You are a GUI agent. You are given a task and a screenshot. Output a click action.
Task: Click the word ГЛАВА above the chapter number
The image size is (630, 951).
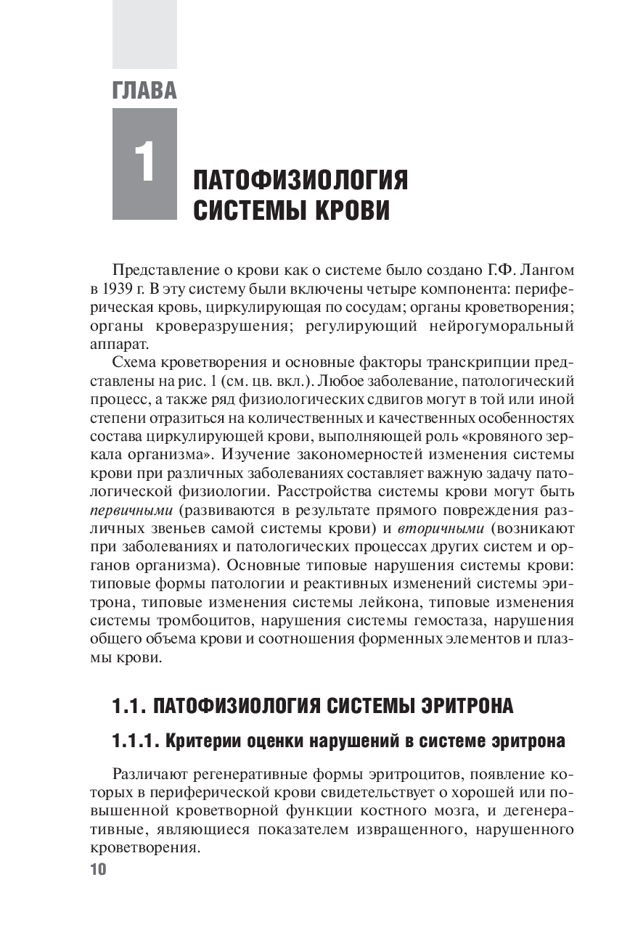click(x=144, y=91)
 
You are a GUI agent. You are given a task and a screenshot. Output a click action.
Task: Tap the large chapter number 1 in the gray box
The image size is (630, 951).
click(x=144, y=162)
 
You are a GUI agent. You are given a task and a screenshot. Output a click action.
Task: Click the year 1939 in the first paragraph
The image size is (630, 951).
click(x=118, y=289)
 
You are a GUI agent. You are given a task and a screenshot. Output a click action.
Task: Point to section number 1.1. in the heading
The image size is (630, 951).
click(x=131, y=705)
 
